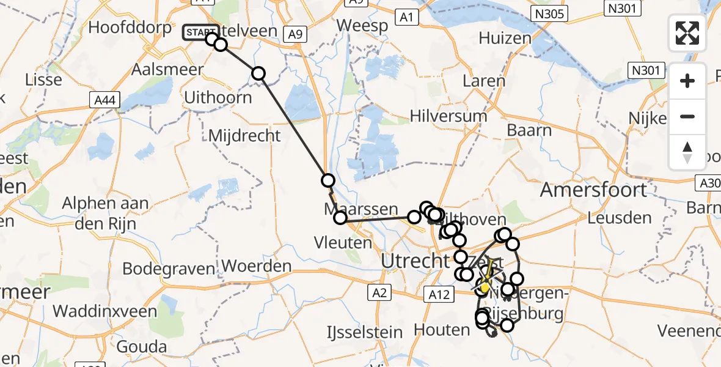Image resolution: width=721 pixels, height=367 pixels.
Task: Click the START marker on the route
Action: (200, 32)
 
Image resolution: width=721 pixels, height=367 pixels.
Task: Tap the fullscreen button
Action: (687, 33)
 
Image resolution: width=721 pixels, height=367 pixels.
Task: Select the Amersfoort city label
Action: (593, 189)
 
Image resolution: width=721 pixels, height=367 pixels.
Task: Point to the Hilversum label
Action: (448, 116)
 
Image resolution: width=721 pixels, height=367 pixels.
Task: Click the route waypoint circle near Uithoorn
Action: (258, 73)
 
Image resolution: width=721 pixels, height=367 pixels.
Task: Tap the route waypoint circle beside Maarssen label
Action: (340, 217)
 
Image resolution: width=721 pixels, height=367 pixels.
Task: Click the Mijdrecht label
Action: (244, 135)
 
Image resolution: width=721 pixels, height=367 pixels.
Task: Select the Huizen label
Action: (505, 38)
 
